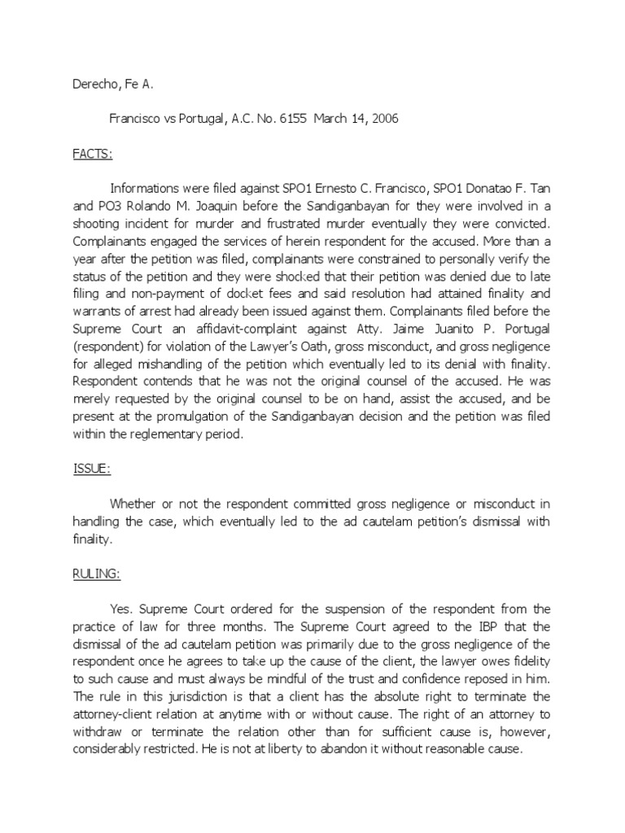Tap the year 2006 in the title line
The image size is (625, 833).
(x=382, y=118)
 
